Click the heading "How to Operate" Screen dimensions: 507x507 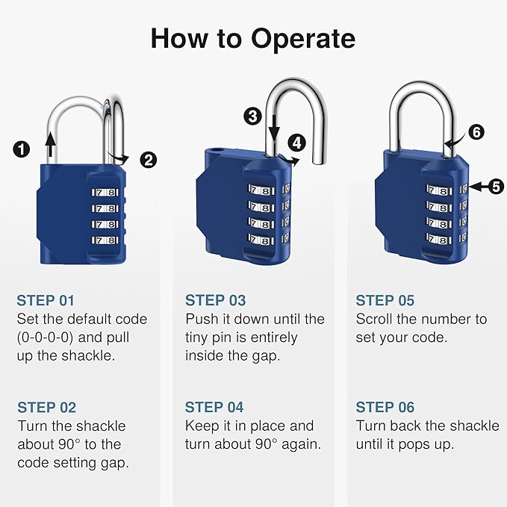pos(253,38)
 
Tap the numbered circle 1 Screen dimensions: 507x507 pos(22,149)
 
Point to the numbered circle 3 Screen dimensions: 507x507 pos(252,116)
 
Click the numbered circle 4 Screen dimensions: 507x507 pos(298,142)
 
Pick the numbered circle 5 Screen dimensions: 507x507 pos(496,187)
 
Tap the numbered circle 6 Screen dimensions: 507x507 pos(476,132)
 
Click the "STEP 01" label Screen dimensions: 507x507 pos(46,301)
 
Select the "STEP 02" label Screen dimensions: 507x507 pos(46,408)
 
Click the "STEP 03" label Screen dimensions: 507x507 pos(215,301)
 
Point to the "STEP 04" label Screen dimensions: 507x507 pos(215,408)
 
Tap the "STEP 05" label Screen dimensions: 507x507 pos(385,301)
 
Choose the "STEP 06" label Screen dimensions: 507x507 pos(385,408)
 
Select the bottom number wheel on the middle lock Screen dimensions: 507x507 pos(261,241)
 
